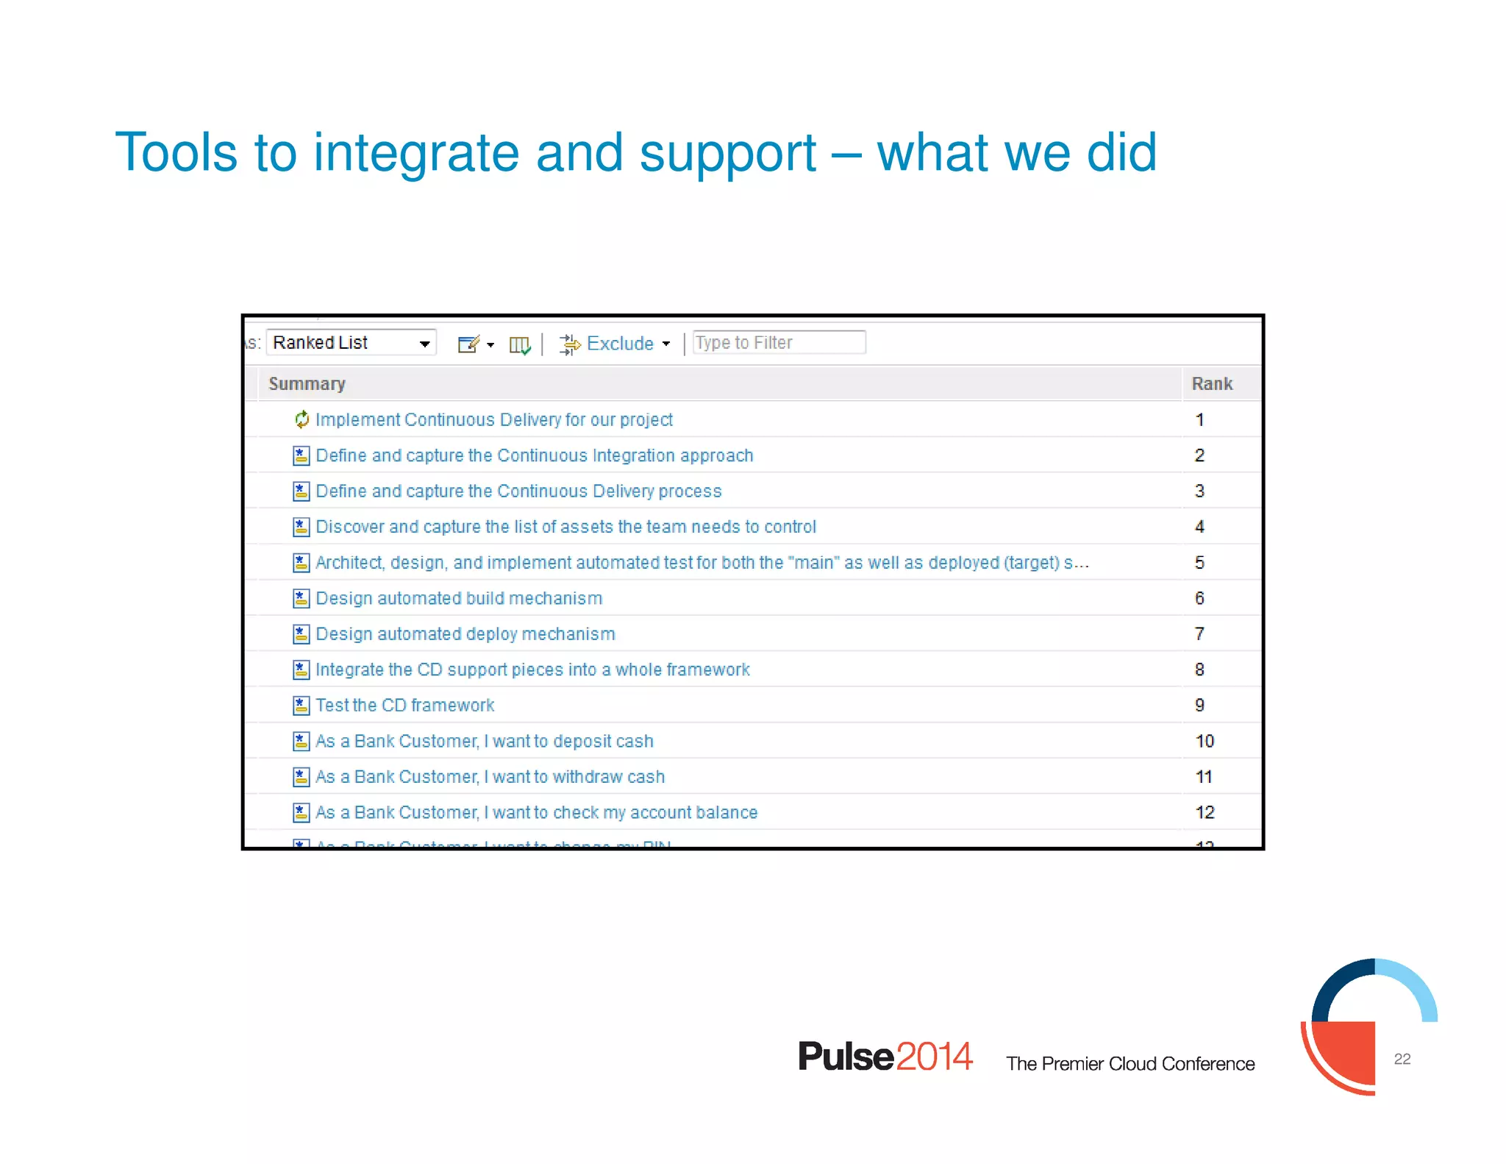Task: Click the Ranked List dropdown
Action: pyautogui.click(x=351, y=343)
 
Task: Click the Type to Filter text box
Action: pyautogui.click(x=779, y=343)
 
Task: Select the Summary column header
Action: pyautogui.click(x=307, y=384)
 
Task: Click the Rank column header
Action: pyautogui.click(x=1211, y=384)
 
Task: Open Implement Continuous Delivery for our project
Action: pyautogui.click(x=493, y=420)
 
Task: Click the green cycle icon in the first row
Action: pyautogui.click(x=301, y=419)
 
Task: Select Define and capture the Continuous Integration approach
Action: pyautogui.click(x=534, y=455)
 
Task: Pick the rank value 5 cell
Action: pyautogui.click(x=1199, y=563)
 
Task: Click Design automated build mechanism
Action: pyautogui.click(x=459, y=598)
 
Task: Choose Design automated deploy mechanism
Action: pyautogui.click(x=465, y=634)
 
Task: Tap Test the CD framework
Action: pyautogui.click(x=404, y=706)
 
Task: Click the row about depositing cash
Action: pyautogui.click(x=484, y=742)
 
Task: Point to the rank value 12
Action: pyautogui.click(x=1205, y=812)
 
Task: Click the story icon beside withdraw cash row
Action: pyautogui.click(x=301, y=777)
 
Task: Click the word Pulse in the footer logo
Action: pyautogui.click(x=846, y=1057)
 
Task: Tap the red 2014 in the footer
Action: pyautogui.click(x=934, y=1057)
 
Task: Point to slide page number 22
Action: pyautogui.click(x=1402, y=1059)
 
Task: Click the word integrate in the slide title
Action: pyautogui.click(x=416, y=153)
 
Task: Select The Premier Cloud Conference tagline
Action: pyautogui.click(x=1129, y=1064)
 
